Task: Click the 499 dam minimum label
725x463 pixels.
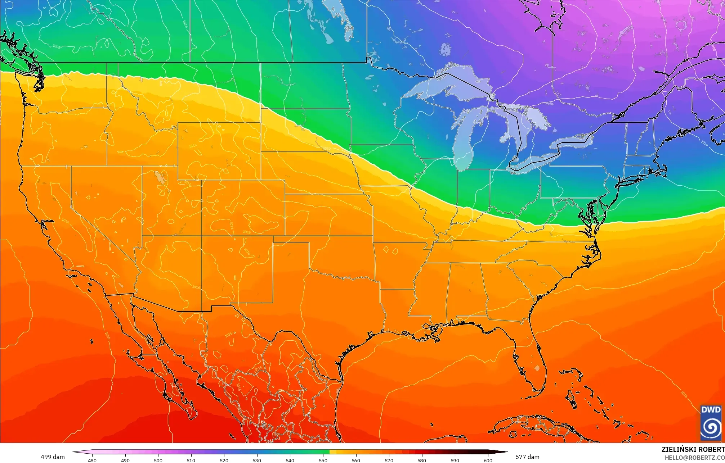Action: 53,457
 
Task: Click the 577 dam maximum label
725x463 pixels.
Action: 527,457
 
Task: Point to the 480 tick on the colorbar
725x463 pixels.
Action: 92,460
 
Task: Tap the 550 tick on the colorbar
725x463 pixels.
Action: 323,460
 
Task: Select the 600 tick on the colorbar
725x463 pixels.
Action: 488,460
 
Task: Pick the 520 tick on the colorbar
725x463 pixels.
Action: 224,460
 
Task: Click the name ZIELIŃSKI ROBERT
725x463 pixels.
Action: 693,449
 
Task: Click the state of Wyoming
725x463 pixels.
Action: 219,151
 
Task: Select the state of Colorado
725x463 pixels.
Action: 243,208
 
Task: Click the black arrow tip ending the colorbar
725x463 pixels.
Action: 504,452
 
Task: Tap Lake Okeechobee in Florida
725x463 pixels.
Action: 537,368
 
